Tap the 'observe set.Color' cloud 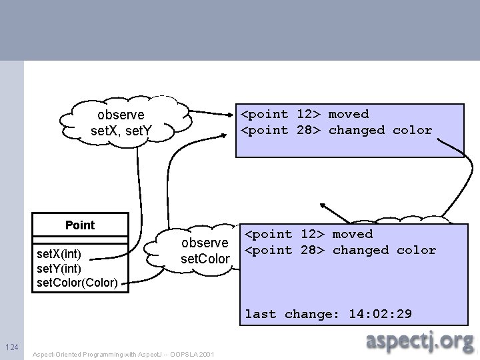tap(205, 249)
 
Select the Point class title tap(80, 225)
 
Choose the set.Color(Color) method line tap(77, 283)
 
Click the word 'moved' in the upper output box tap(348, 115)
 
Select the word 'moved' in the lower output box tap(352, 235)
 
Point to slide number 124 tap(11, 348)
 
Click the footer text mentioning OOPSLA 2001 tap(123, 355)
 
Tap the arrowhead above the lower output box tap(325, 207)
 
